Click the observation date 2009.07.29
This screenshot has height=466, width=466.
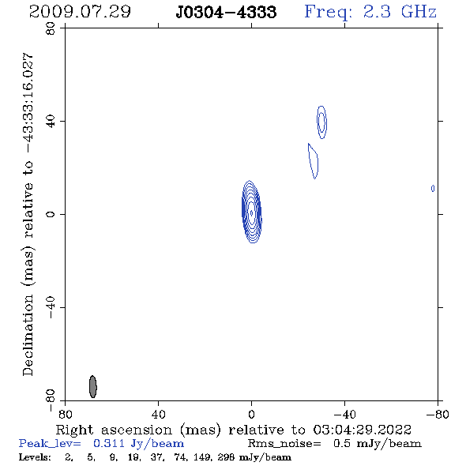80,12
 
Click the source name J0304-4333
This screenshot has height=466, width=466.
226,12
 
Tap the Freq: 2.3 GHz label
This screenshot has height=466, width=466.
370,12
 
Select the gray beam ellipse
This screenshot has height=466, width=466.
93,386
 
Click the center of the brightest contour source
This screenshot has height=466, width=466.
252,212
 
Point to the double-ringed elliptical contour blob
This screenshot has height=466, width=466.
322,122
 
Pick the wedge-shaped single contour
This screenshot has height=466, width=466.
314,161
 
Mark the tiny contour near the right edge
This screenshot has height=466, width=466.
433,189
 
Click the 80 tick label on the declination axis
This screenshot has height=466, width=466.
51,28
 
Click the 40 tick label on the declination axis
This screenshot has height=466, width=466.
51,122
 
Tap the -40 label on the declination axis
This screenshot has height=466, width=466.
51,307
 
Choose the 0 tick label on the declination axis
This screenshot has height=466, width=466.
51,214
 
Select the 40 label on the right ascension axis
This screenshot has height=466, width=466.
158,414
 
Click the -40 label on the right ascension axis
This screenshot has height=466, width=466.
344,414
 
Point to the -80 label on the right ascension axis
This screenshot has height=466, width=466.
438,414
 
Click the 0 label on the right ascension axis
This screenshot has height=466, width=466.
251,414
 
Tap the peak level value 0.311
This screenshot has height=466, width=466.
109,443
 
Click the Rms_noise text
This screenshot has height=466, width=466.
284,444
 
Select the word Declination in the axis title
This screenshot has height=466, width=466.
28,335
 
